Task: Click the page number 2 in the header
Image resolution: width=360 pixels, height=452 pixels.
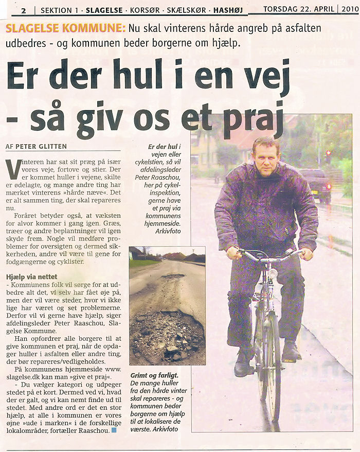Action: click(24, 10)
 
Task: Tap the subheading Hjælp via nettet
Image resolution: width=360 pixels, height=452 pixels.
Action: click(31, 276)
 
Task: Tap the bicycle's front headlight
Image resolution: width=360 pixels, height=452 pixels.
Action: click(273, 273)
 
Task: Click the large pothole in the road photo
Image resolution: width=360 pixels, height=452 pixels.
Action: click(167, 335)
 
